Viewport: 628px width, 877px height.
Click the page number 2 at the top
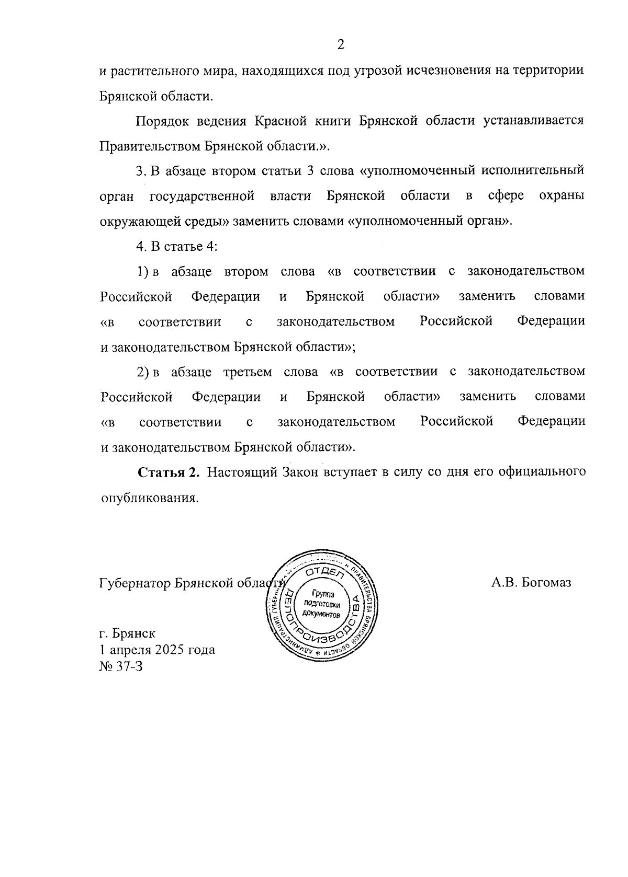click(341, 45)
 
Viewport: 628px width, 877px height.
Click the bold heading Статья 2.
click(169, 472)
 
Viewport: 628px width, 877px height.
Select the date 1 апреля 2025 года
click(157, 650)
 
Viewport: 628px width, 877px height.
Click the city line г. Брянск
click(127, 633)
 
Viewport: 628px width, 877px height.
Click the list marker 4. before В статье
click(140, 246)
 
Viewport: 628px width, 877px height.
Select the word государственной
click(202, 196)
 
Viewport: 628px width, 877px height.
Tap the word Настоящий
click(242, 472)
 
